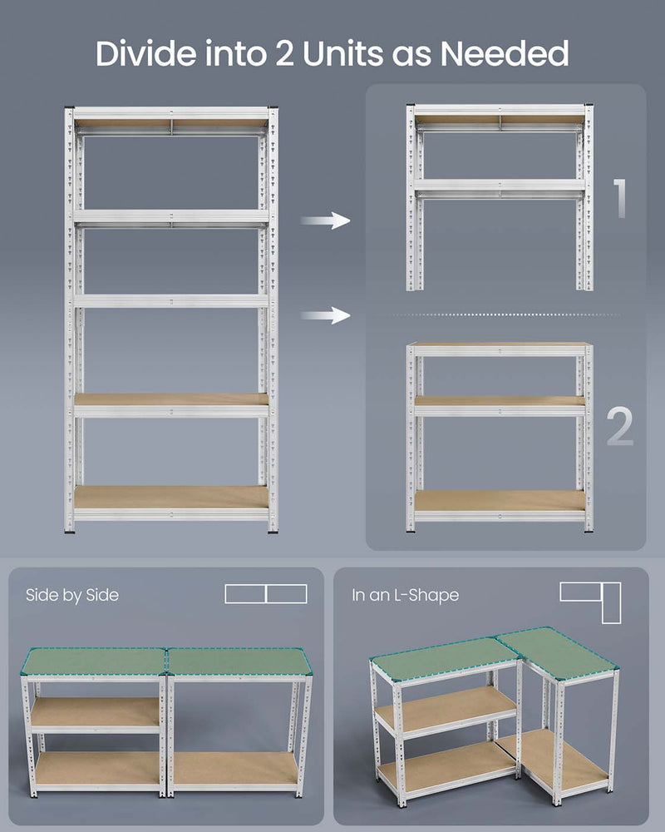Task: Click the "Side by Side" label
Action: (72, 595)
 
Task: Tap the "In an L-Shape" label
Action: (405, 595)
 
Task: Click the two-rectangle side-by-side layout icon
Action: (266, 594)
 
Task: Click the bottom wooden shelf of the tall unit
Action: (170, 498)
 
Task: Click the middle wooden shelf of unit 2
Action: (500, 401)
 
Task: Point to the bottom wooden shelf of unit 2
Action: (500, 501)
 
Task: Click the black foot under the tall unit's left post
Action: (70, 528)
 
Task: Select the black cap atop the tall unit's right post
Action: (273, 108)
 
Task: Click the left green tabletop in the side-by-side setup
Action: (94, 661)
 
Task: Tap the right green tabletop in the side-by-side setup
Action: (239, 661)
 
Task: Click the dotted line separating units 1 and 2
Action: (499, 314)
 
